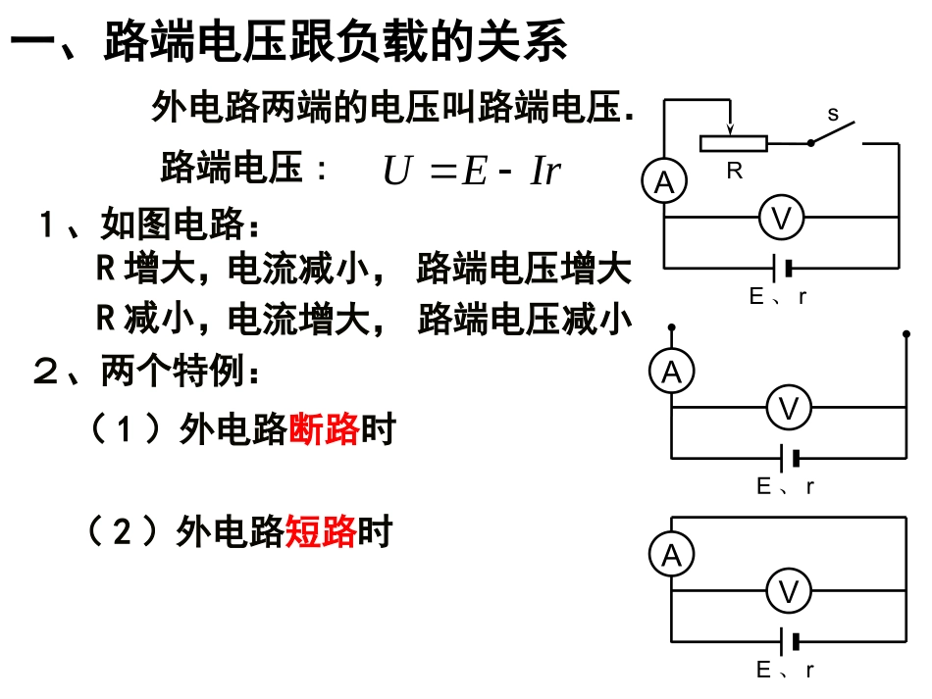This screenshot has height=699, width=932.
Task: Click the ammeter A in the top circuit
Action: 665,182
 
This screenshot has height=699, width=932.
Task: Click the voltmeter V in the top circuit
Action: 781,219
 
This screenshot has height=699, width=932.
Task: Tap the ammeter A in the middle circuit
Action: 672,372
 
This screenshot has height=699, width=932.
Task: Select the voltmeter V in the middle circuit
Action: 788,408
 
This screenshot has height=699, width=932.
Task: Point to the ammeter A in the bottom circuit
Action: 672,556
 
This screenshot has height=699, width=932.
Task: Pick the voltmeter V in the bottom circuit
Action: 788,591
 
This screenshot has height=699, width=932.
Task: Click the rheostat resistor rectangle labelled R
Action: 733,143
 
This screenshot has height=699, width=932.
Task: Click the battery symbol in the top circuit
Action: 782,268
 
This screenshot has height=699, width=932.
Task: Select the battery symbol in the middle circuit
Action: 789,457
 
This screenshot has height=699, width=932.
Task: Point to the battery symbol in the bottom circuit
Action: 789,641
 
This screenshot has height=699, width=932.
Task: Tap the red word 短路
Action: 320,531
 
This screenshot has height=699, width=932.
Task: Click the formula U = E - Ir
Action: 471,171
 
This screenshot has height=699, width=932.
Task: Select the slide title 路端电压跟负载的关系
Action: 335,43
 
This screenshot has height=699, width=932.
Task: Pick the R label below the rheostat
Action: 734,170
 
